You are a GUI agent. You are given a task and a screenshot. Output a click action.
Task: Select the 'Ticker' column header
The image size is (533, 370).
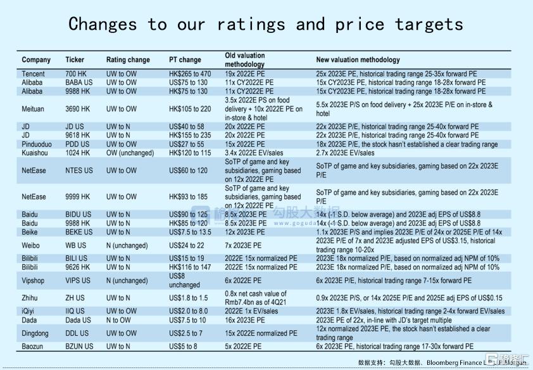point(75,60)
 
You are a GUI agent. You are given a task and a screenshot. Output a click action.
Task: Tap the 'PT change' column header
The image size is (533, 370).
point(185,60)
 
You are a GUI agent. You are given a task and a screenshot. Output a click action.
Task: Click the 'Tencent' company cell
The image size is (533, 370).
point(34,74)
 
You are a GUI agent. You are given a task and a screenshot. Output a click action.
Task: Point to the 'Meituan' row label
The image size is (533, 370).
point(34,109)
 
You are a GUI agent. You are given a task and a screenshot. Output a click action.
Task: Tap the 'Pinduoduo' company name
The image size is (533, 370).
point(37,144)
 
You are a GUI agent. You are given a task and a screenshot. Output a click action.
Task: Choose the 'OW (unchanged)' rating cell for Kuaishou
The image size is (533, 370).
point(130,153)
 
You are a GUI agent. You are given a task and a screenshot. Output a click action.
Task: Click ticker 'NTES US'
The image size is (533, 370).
point(79,170)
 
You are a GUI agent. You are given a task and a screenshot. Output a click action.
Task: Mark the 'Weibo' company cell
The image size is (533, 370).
point(31,245)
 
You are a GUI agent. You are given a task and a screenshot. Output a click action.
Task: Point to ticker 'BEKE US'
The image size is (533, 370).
point(79,232)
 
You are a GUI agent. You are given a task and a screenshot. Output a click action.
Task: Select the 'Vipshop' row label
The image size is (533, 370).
point(35,281)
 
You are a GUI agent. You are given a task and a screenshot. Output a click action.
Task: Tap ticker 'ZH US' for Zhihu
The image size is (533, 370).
point(75,298)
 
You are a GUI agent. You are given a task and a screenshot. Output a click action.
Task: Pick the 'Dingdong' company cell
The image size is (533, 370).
point(35,333)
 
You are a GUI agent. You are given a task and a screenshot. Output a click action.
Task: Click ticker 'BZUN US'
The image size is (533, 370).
point(79,347)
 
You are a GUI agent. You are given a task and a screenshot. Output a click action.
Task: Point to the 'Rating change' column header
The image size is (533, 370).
point(128,60)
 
